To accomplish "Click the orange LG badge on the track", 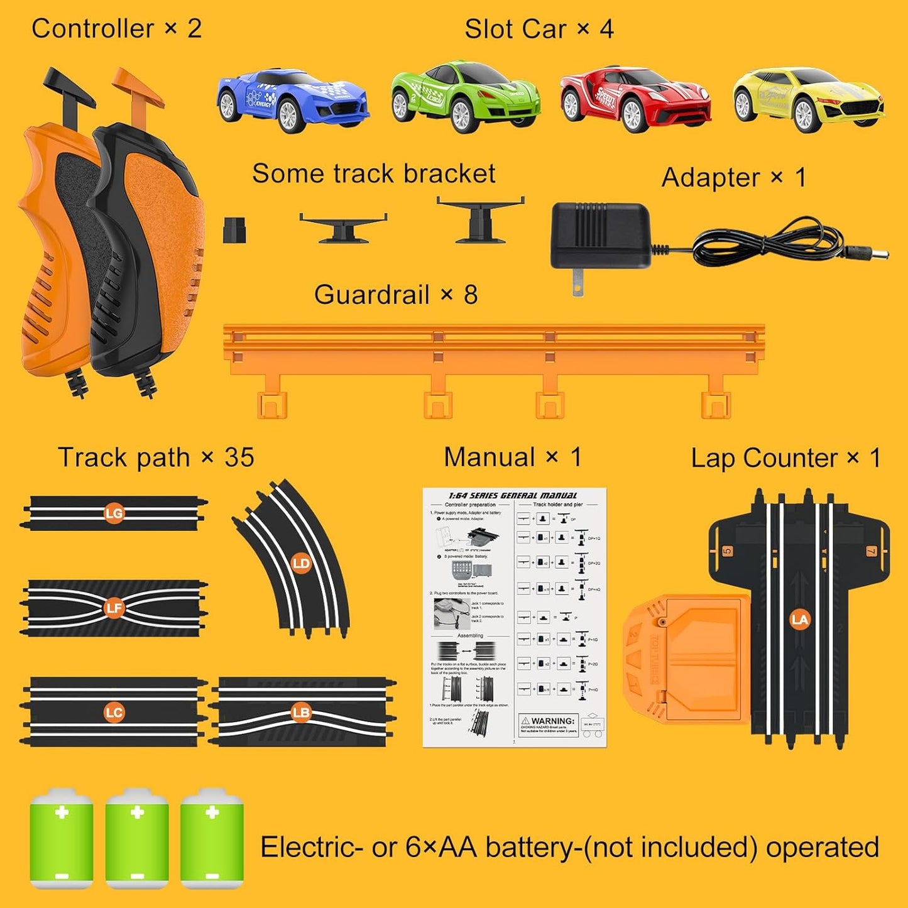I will (114, 513).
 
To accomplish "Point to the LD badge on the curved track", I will (301, 563).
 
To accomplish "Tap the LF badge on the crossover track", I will (114, 608).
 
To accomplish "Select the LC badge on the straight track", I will (114, 712).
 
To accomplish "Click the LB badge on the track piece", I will (301, 712).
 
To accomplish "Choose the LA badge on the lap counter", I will (799, 620).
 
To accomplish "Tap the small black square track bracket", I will (234, 230).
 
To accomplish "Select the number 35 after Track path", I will (239, 457).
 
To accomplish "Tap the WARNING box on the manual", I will (548, 725).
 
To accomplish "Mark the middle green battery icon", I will (137, 839).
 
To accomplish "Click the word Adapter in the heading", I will (711, 177).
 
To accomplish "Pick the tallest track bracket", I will (481, 220).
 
